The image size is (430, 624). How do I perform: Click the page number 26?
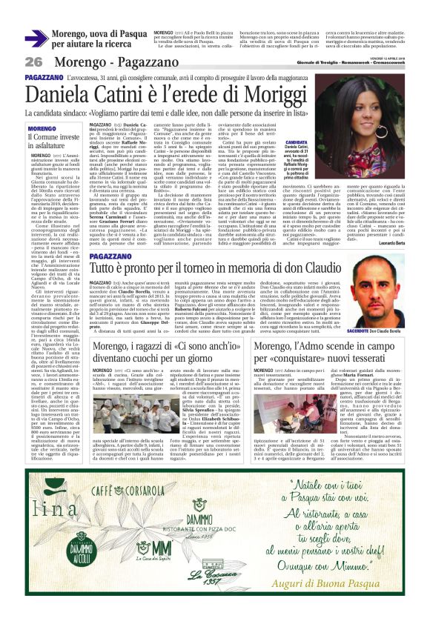tap(34, 62)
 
